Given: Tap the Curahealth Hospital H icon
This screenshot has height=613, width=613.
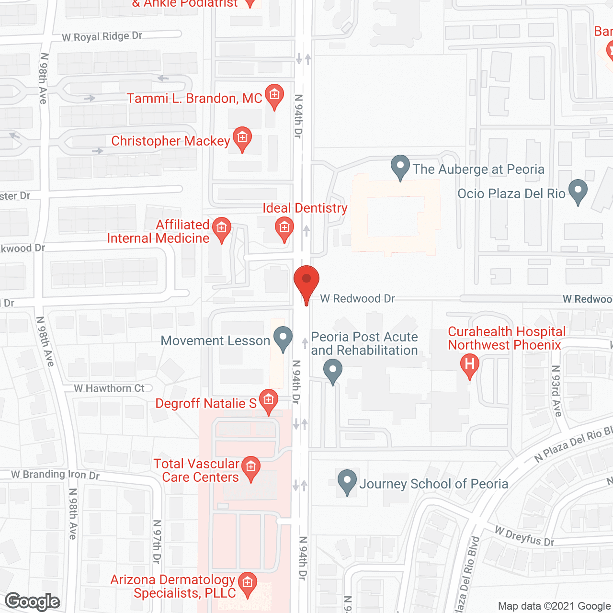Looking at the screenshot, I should pos(470,365).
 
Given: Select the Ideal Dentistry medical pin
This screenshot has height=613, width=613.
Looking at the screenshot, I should pos(284,228).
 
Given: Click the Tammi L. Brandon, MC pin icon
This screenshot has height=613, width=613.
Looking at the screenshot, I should pos(274,95).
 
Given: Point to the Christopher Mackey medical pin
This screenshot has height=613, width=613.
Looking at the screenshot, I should pos(242,138).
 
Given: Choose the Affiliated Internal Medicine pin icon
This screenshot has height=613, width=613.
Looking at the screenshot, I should pos(221,228).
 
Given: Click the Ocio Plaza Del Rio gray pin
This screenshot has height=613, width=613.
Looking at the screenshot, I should pos(578,191).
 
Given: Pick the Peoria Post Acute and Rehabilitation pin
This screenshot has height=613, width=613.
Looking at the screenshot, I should pos(333,371).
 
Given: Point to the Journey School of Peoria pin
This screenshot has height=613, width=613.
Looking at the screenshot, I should pos(347,481).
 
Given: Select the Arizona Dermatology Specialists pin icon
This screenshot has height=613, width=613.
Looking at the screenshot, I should pos(248,583).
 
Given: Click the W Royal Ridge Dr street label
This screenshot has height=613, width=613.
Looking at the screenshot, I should pos(102,36).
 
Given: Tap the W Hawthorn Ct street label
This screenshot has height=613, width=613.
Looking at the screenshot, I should pos(109,388).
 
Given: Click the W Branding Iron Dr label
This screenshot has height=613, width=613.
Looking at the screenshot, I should pos(55,474).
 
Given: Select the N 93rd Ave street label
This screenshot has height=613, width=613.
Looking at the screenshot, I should pos(556,391).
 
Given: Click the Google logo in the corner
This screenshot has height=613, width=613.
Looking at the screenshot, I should pos(33,602).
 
